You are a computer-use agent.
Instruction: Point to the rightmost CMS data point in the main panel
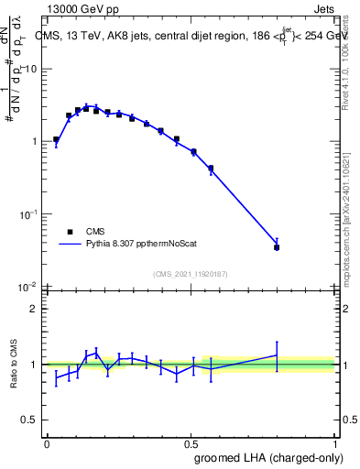pyautogui.click(x=277, y=247)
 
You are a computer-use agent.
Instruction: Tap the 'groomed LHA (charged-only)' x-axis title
pyautogui.click(x=268, y=457)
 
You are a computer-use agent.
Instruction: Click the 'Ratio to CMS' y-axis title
pyautogui.click(x=15, y=365)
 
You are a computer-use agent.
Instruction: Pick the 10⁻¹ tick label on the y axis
pyautogui.click(x=30, y=213)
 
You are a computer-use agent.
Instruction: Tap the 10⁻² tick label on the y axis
pyautogui.click(x=30, y=286)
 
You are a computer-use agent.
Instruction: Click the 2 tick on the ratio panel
pyautogui.click(x=36, y=309)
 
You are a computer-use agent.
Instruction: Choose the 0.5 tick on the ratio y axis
pyautogui.click(x=32, y=421)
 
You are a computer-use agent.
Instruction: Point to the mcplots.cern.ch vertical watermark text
pyautogui.click(x=351, y=211)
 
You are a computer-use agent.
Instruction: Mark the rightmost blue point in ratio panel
pyautogui.click(x=277, y=355)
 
